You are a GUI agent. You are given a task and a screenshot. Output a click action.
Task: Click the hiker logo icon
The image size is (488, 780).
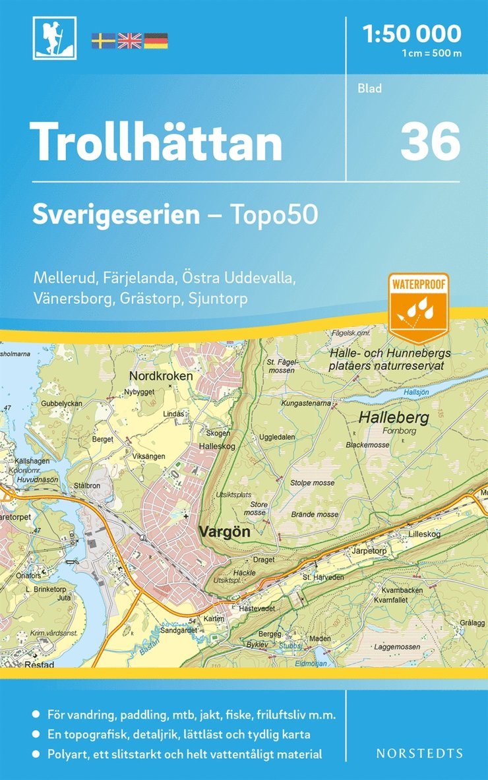pyautogui.click(x=54, y=38)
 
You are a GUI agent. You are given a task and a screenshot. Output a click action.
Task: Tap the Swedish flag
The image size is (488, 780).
pyautogui.click(x=102, y=41)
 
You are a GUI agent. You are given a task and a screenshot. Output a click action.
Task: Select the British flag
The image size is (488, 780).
pyautogui.click(x=129, y=41)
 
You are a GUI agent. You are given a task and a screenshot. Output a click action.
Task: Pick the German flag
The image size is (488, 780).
pyautogui.click(x=156, y=41)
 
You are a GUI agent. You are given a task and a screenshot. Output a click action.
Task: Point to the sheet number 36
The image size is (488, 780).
pyautogui.click(x=430, y=142)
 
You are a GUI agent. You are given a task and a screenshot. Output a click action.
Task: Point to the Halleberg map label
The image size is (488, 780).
pyautogui.click(x=394, y=417)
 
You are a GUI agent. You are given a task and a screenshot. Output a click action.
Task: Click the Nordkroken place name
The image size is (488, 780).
pyautogui.click(x=162, y=376)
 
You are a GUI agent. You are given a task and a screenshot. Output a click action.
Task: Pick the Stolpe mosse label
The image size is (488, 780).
pyautogui.click(x=312, y=483)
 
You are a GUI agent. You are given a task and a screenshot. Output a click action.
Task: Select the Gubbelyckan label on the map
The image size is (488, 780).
pyautogui.click(x=61, y=402)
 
